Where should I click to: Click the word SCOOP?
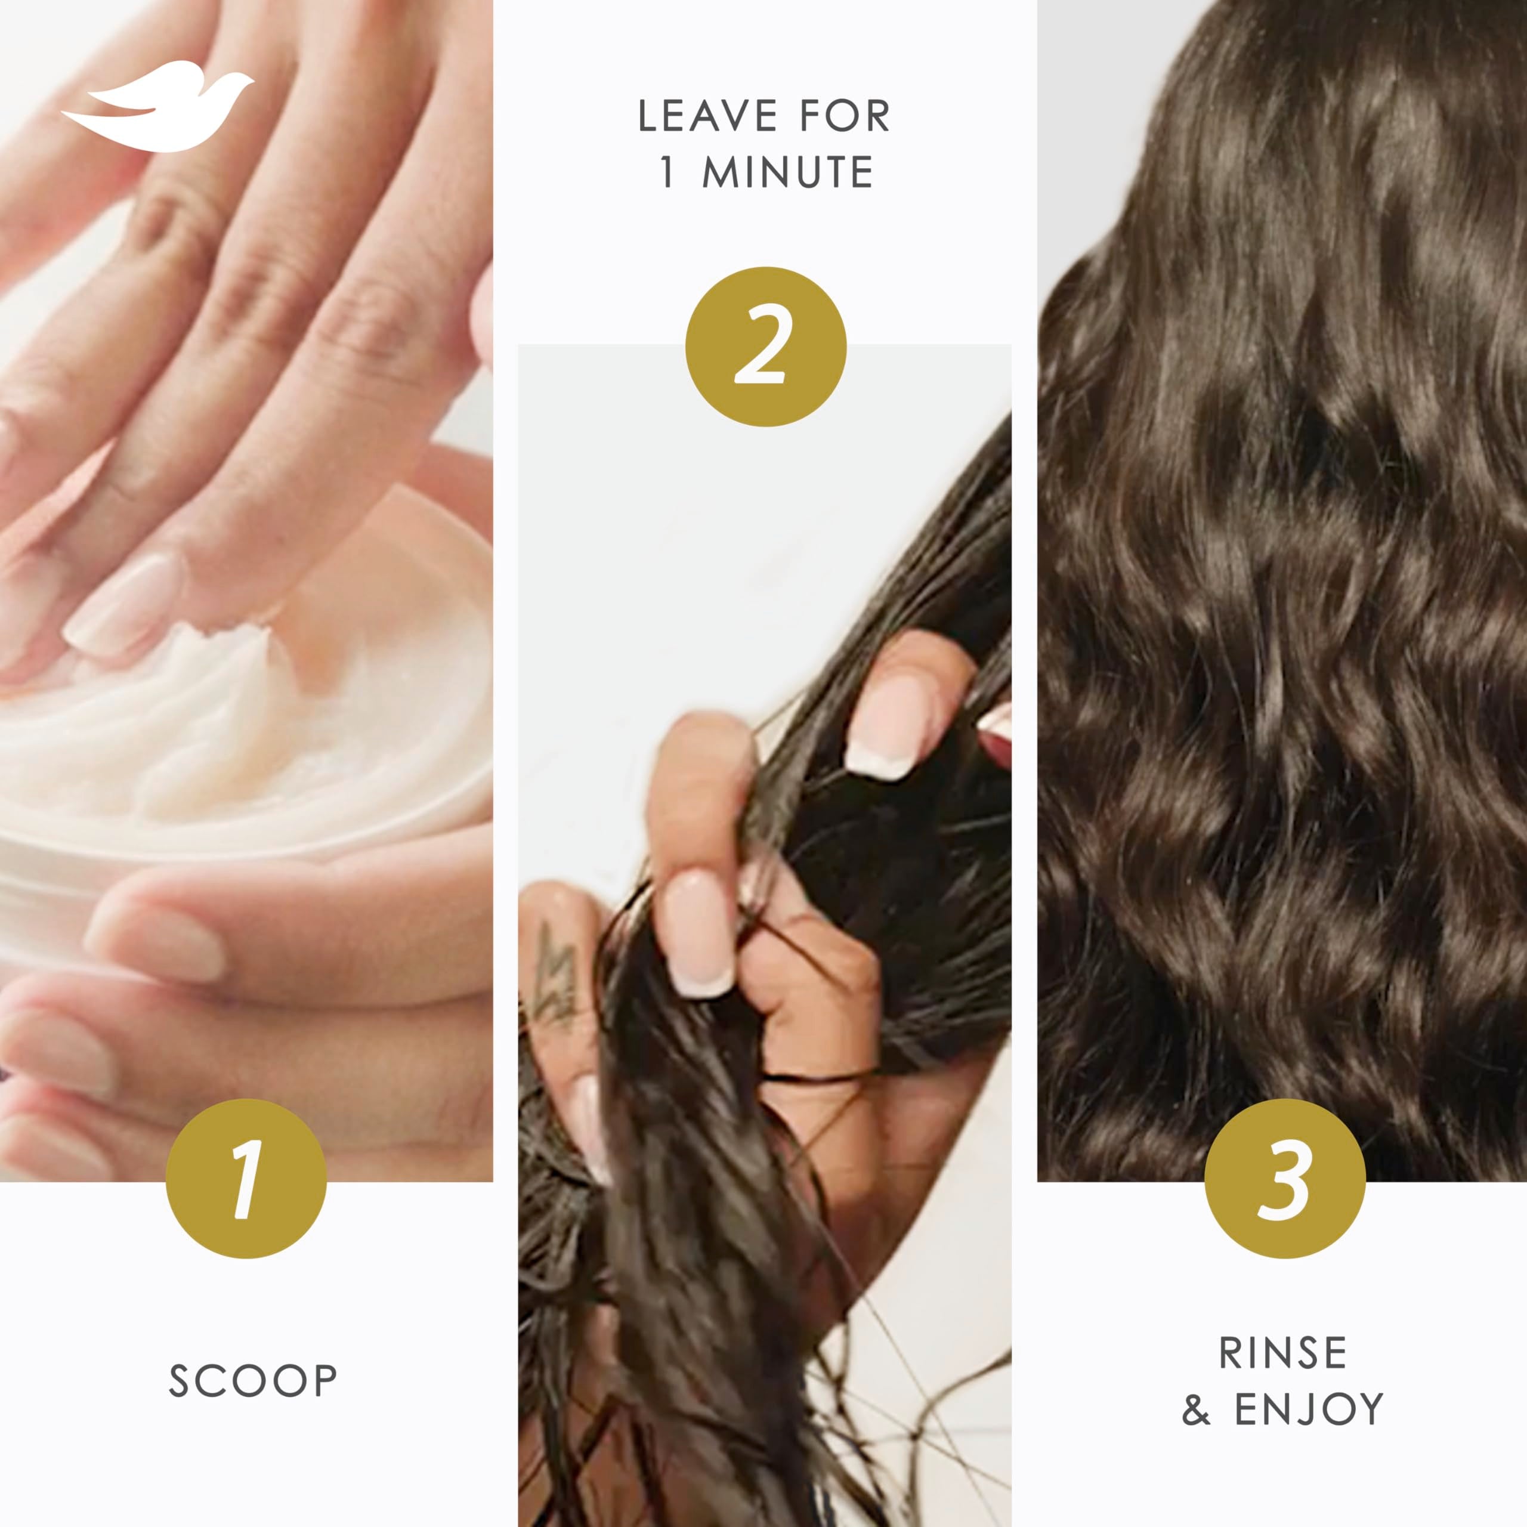pyautogui.click(x=253, y=1381)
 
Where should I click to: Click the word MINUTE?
pyautogui.click(x=788, y=172)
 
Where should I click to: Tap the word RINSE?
pyautogui.click(x=1283, y=1352)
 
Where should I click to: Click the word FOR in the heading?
pyautogui.click(x=844, y=116)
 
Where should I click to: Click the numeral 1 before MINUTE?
pyautogui.click(x=668, y=172)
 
